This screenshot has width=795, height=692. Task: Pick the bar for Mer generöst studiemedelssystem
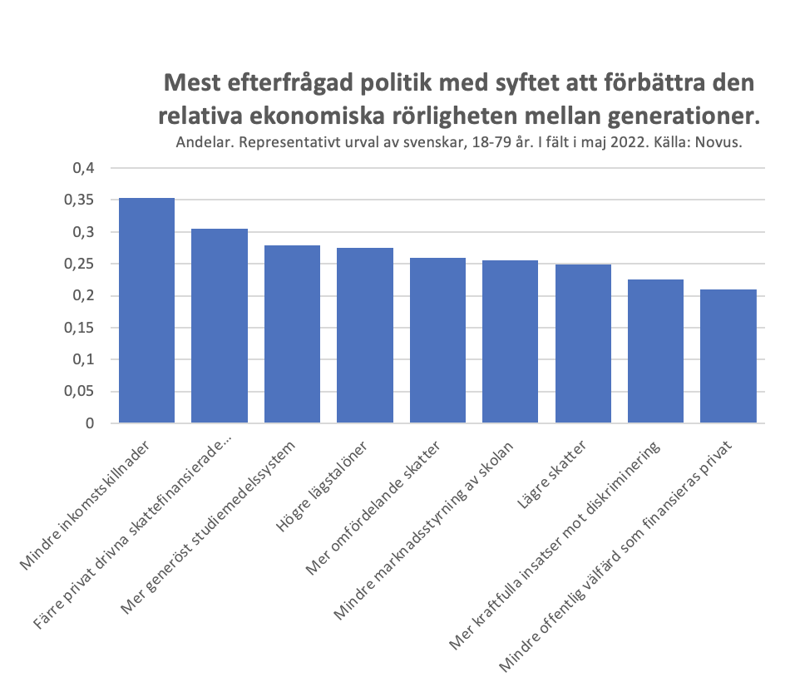(x=292, y=334)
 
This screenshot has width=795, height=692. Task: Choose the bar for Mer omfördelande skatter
(x=437, y=340)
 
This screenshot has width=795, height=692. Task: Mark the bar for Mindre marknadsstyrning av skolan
(x=510, y=342)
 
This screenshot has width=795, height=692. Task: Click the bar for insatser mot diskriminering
(x=655, y=351)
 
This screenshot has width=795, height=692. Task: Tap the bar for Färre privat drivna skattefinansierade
(x=220, y=325)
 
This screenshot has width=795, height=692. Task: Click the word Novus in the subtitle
(x=718, y=142)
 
